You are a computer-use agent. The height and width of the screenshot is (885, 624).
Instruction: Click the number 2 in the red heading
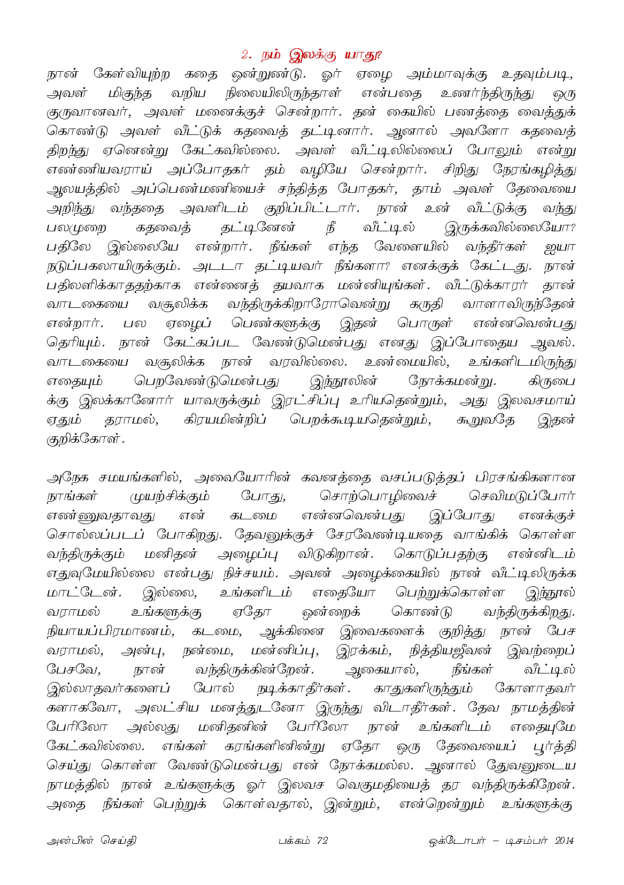[245, 55]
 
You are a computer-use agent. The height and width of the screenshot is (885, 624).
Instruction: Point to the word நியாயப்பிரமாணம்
[110, 631]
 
